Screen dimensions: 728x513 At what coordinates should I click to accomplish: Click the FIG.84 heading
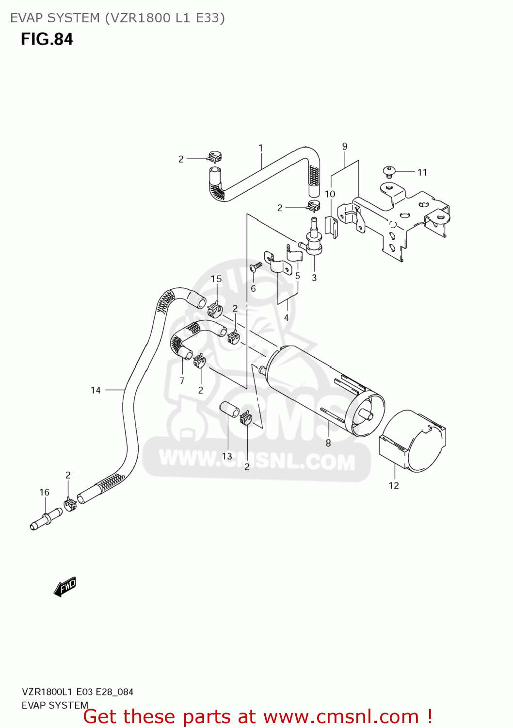[x=47, y=39]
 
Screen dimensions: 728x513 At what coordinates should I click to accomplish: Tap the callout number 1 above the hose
[x=261, y=148]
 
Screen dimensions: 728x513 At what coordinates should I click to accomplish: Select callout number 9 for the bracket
[x=345, y=146]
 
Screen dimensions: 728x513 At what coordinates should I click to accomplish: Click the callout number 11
[x=422, y=172]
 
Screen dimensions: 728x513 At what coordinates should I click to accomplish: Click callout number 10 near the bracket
[x=330, y=194]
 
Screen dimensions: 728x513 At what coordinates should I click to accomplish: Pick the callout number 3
[x=314, y=278]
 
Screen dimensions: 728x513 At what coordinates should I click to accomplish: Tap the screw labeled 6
[x=256, y=266]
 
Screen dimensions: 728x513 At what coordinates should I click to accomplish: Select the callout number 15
[x=216, y=279]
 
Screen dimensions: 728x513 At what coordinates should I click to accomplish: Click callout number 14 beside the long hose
[x=96, y=390]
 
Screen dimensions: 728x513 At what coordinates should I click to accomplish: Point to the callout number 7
[x=182, y=381]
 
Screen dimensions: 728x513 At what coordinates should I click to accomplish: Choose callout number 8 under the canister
[x=328, y=443]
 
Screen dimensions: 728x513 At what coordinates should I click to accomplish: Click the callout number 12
[x=394, y=485]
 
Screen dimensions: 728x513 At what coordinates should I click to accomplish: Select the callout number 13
[x=227, y=456]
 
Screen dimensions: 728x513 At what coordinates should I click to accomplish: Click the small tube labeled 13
[x=229, y=410]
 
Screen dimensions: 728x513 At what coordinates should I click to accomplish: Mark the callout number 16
[x=44, y=493]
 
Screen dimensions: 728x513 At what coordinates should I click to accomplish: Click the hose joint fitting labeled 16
[x=45, y=520]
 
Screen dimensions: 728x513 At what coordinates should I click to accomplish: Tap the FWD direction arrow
[x=65, y=586]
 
